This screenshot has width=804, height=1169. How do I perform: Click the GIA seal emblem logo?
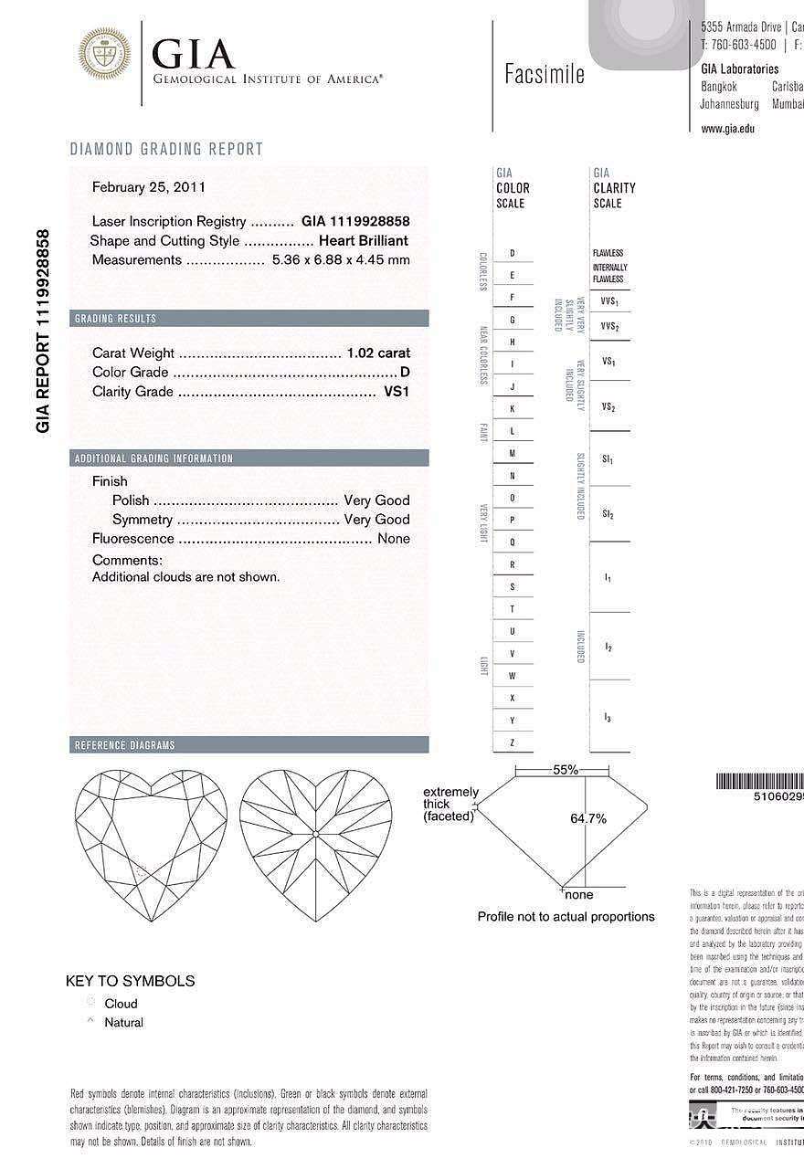(104, 54)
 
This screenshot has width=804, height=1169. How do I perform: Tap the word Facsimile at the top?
(544, 75)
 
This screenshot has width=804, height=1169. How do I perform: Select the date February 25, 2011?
(149, 187)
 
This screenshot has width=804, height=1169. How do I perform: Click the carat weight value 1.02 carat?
(378, 353)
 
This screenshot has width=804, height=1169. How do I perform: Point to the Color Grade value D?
(405, 372)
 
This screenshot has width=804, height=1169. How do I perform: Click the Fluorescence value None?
(394, 538)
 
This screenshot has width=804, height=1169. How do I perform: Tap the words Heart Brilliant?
(363, 240)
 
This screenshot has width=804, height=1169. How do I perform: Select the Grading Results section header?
(115, 319)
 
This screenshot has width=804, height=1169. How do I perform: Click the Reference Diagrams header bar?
(124, 745)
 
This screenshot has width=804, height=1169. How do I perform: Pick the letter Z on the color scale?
(513, 742)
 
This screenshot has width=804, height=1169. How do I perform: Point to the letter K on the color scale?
(513, 408)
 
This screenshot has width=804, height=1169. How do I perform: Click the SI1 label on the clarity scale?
(608, 458)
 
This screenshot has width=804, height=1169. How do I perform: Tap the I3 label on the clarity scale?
(608, 718)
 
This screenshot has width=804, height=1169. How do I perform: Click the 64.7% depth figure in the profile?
(588, 818)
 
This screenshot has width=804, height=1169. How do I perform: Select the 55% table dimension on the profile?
(566, 770)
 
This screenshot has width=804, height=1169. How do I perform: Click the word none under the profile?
(579, 894)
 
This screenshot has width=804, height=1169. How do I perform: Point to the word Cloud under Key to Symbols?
(121, 1003)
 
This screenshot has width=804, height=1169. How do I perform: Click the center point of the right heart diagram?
(315, 832)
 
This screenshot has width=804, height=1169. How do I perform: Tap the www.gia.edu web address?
(727, 129)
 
